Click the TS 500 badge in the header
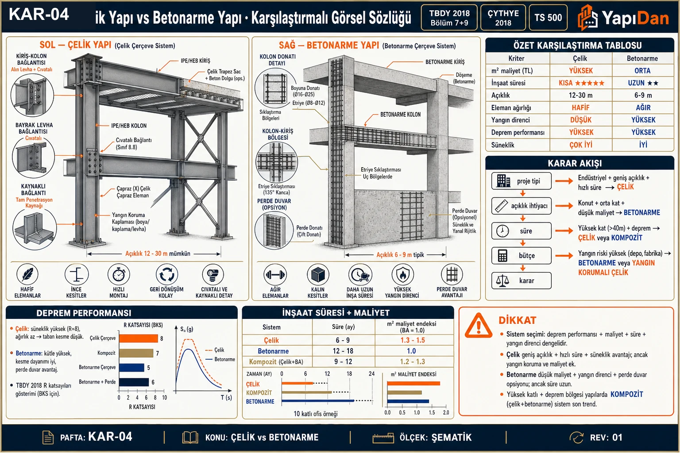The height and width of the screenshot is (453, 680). (x=548, y=18)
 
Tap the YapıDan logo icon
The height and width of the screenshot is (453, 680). (x=587, y=18)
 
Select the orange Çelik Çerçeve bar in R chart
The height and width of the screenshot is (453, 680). (x=139, y=338)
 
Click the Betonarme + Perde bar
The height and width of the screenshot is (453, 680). (x=134, y=382)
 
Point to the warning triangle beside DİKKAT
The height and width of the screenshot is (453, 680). (x=479, y=326)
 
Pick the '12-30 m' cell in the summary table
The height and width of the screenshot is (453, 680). (x=580, y=95)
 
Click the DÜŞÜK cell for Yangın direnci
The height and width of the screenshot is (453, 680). (x=581, y=120)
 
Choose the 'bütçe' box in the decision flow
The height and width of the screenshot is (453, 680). (x=521, y=256)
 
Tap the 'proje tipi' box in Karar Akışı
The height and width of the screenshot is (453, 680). (x=521, y=181)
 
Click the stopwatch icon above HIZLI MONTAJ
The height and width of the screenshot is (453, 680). (x=119, y=274)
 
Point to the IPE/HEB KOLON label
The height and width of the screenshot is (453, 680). (x=129, y=126)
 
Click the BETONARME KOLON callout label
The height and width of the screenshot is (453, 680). (x=400, y=115)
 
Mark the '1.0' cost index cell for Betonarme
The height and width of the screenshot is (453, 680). (x=411, y=351)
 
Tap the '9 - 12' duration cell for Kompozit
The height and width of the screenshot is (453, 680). (x=343, y=362)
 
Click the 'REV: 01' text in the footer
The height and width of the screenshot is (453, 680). (x=606, y=437)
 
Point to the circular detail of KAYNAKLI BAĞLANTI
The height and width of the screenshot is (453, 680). (x=35, y=230)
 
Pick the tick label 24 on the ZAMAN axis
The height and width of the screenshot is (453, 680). (x=371, y=373)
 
